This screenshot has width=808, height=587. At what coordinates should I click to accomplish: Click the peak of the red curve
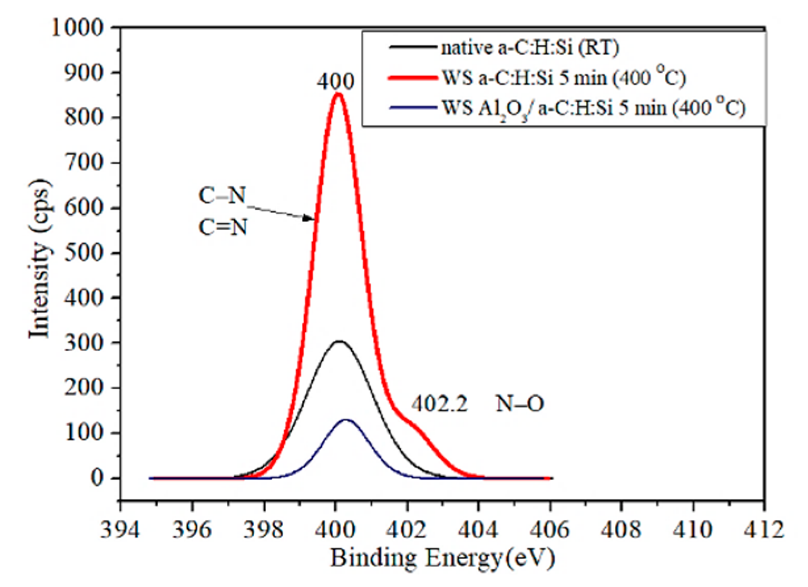tap(337, 95)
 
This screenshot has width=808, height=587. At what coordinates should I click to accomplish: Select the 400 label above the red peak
tap(336, 82)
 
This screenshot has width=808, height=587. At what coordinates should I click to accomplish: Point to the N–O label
tap(520, 404)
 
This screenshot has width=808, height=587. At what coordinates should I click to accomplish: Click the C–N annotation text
tap(223, 196)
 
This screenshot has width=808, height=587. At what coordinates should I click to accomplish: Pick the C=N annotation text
tap(223, 228)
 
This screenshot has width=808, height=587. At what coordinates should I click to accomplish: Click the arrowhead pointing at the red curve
tap(309, 218)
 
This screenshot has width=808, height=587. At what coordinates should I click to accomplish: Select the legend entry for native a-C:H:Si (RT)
tap(530, 48)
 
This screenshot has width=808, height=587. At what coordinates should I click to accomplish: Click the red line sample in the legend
tap(412, 78)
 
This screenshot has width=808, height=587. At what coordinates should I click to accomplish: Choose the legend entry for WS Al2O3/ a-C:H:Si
tap(593, 107)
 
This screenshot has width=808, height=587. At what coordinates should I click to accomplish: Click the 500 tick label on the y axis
tap(84, 253)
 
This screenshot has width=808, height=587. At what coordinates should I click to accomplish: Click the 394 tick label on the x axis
tap(120, 529)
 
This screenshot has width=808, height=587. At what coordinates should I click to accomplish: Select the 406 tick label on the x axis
tap(550, 529)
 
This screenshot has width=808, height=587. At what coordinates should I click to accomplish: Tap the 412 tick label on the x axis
tap(765, 529)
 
